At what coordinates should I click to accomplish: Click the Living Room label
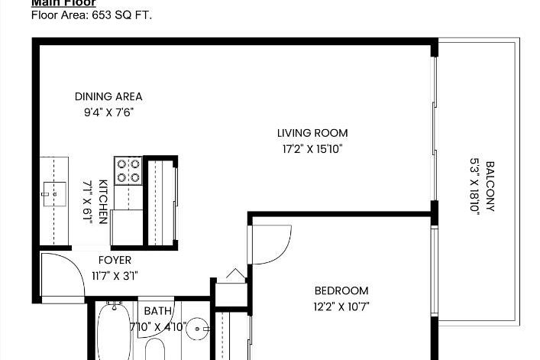(x=312, y=133)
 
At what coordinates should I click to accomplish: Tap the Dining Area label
(x=108, y=96)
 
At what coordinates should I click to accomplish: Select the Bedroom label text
(x=341, y=290)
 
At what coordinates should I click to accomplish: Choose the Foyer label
(x=115, y=260)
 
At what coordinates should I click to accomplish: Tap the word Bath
(x=158, y=311)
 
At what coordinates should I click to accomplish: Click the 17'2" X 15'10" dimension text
(x=312, y=149)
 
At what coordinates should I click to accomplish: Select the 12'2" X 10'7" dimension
(x=341, y=306)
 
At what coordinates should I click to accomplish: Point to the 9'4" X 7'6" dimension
(x=108, y=112)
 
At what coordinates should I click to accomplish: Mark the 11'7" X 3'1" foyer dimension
(x=115, y=276)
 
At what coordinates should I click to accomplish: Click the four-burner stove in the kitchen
(x=128, y=170)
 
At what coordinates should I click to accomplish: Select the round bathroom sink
(x=198, y=329)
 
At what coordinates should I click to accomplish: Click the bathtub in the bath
(x=115, y=332)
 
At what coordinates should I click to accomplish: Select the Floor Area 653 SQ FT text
(x=92, y=15)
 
